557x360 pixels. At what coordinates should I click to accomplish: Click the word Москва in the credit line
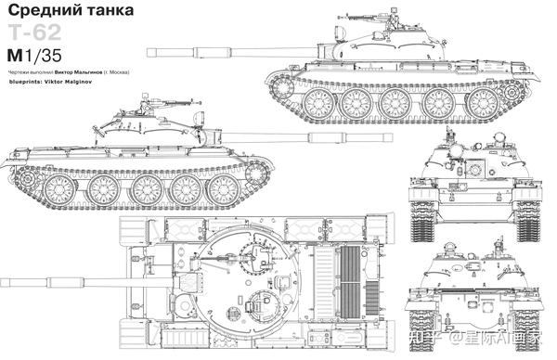[114, 71]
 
